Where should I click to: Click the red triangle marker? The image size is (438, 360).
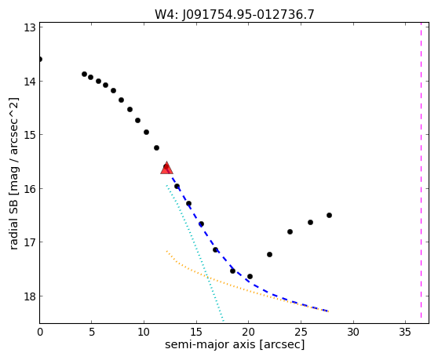166,168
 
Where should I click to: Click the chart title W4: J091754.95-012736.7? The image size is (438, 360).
235,15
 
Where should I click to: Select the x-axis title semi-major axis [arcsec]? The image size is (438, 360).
235,344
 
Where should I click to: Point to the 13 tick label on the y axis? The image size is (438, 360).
29,27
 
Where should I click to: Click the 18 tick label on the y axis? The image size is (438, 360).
29,296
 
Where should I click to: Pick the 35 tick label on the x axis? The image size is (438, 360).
405,332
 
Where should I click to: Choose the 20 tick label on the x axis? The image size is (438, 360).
248,332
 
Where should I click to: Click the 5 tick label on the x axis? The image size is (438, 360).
92,332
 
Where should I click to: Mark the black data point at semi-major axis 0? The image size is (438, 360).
40,59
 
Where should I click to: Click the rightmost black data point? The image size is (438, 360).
329,215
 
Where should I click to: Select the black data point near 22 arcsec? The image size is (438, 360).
269,255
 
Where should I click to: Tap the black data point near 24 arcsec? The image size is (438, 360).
290,231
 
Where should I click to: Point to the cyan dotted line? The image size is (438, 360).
195,253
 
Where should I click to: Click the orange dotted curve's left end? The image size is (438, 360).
166,251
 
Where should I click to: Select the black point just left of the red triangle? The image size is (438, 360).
156,147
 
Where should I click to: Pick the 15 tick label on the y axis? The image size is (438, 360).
29,135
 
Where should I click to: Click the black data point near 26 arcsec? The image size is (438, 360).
310,223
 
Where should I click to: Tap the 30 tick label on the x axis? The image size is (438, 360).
353,332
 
